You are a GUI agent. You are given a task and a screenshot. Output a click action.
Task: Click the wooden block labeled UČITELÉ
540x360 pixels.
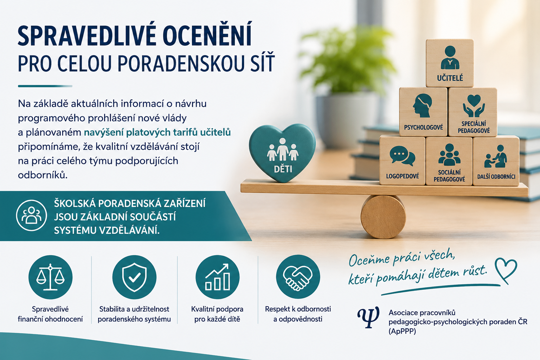pos(450,63)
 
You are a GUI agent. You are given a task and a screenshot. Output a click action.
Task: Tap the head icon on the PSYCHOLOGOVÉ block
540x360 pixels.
pos(422,105)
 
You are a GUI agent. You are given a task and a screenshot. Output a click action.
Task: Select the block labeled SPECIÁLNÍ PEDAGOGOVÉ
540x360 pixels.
pos(473,112)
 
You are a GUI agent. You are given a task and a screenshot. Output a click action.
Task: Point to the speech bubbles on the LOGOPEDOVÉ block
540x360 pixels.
pos(402,156)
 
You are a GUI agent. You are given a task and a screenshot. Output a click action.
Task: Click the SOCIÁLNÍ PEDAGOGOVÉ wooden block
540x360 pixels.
pos(449,161)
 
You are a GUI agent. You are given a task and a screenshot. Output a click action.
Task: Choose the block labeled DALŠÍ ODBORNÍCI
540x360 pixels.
pos(496,161)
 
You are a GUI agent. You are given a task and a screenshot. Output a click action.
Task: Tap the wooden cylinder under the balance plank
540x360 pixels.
pos(383,217)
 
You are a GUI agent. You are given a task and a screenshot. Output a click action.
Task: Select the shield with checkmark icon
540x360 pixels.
pos(134,277)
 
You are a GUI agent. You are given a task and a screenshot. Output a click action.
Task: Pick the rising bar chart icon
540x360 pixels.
pos(218,277)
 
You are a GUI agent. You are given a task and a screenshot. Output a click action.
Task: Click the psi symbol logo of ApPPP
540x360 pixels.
pos(368,317)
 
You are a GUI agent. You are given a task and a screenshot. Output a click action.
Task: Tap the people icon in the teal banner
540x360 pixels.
pos(31,215)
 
